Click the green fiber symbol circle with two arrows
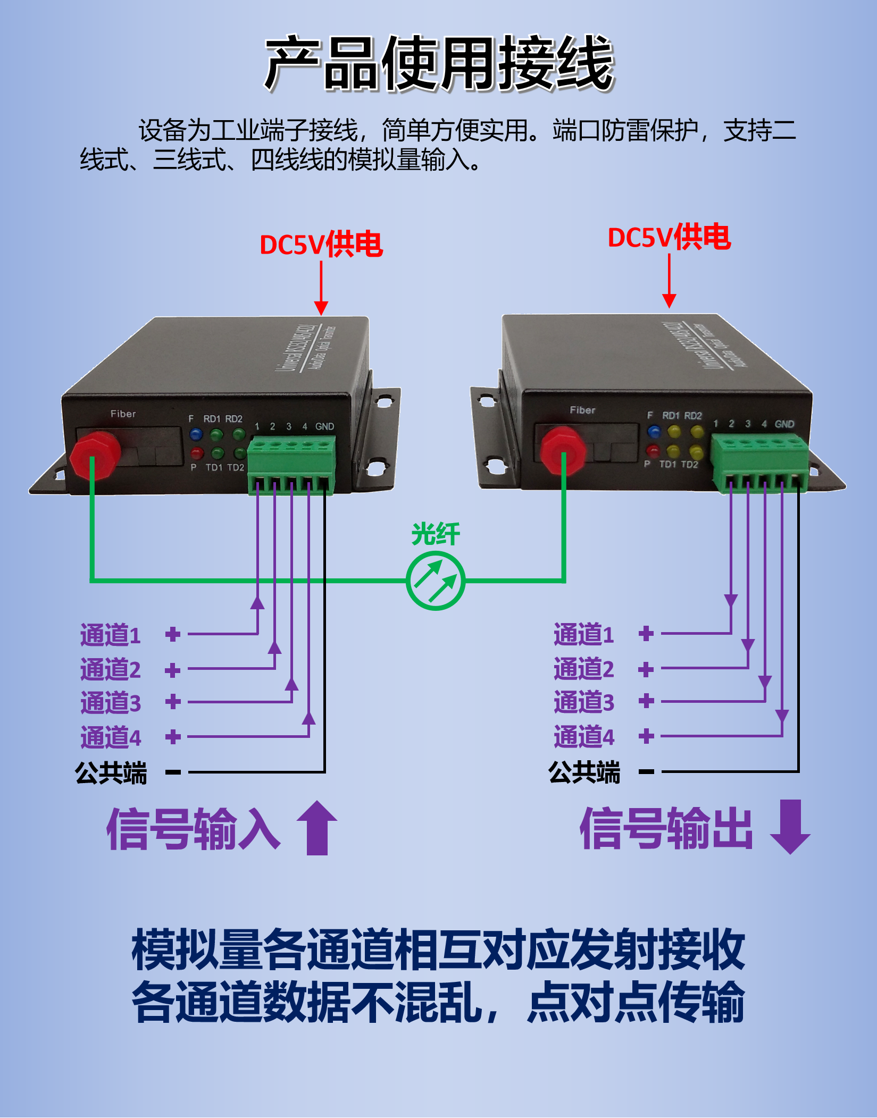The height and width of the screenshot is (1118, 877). [436, 581]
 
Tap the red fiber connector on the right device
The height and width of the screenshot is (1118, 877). [563, 450]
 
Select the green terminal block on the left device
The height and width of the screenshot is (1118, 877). [291, 463]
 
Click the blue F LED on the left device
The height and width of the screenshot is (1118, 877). [196, 434]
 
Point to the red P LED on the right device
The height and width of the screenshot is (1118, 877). [653, 451]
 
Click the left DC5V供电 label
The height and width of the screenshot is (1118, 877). [321, 245]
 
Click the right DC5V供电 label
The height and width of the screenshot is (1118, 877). [669, 237]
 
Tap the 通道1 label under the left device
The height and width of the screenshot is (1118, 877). [111, 635]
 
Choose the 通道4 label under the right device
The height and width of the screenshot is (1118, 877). [584, 737]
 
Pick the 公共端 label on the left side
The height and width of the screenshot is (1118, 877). [111, 772]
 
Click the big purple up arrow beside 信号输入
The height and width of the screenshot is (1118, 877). [317, 827]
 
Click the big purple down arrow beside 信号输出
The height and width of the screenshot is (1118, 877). [790, 826]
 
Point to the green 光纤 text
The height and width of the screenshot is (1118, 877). [436, 534]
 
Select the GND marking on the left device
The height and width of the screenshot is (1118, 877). [324, 426]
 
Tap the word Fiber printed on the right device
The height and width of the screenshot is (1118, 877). [582, 410]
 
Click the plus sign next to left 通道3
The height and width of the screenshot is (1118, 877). [173, 702]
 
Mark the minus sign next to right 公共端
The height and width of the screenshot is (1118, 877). [646, 771]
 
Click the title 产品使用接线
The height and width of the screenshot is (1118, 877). [439, 64]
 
